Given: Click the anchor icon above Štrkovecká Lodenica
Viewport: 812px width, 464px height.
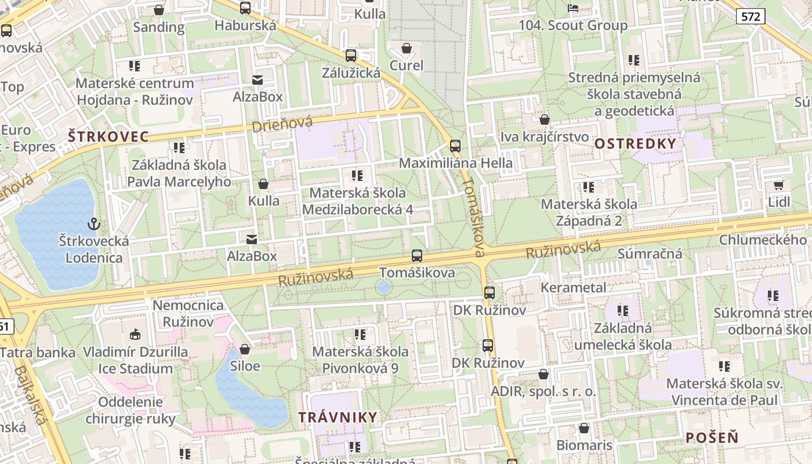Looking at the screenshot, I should [93, 223].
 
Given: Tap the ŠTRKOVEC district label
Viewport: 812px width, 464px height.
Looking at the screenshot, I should [108, 137].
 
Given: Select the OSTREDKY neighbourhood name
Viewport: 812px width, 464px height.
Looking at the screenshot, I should [636, 143].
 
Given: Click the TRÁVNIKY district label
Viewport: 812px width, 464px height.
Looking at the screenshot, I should [338, 417].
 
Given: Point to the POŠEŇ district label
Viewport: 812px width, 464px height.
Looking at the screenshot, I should [712, 437].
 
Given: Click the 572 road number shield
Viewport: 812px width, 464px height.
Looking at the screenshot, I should [750, 16].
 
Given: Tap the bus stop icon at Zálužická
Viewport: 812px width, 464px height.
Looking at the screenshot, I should [351, 56].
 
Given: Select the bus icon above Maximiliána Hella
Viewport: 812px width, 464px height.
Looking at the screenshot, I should [455, 146].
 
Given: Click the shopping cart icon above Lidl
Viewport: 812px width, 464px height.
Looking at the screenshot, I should [778, 185].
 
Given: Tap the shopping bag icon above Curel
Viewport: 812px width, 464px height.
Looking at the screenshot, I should [407, 48].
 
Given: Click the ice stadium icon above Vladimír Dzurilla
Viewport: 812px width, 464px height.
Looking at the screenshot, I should [135, 334].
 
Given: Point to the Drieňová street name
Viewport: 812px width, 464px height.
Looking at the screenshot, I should [282, 124].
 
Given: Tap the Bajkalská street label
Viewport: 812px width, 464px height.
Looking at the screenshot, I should [30, 394].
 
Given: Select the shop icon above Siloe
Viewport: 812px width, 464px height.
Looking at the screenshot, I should [245, 349].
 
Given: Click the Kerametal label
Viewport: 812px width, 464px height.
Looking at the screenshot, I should [573, 287].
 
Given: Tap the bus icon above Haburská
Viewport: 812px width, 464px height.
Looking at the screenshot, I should [245, 8].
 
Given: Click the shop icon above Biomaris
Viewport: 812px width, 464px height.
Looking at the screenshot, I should [584, 428].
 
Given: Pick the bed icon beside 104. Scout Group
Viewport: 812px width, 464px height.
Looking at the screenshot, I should [573, 8].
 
